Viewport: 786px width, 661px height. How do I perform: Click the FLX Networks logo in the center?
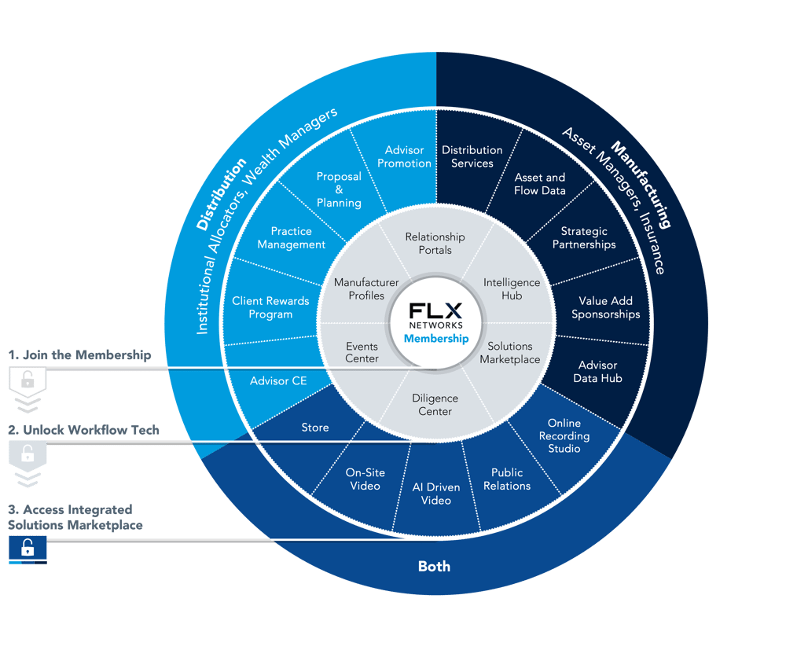435,315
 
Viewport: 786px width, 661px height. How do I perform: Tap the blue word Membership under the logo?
436,339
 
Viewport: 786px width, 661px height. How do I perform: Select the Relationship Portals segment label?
435,243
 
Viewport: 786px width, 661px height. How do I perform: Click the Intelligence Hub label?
512,289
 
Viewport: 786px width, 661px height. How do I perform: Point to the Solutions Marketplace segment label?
510,353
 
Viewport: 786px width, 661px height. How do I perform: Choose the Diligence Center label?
435,405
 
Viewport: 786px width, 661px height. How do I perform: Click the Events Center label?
362,352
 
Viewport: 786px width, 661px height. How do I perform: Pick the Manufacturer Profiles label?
366,289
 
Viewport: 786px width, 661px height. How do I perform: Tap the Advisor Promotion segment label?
404,157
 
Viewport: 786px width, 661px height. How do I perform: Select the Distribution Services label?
472,157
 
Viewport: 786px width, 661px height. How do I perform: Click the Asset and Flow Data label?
540,184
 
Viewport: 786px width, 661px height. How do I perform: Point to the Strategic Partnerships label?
584,238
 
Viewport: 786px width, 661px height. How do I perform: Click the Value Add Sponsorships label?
605,307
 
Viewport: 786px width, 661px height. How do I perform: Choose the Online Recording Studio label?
564,435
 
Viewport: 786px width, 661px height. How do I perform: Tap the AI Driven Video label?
436,494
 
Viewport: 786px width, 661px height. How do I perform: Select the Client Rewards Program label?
270,307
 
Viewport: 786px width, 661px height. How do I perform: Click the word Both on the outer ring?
434,566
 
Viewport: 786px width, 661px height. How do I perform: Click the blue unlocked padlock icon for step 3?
28,549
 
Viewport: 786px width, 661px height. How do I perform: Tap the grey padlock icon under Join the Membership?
28,380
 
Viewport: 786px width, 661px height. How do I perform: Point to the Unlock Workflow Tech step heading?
84,430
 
